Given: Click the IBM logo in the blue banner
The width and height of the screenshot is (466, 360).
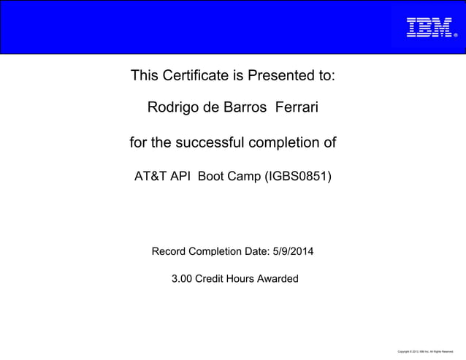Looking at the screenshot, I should coord(429,27).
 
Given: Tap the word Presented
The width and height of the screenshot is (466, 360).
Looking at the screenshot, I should coord(289,75).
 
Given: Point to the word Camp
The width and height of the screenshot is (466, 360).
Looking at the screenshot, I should coord(244,176).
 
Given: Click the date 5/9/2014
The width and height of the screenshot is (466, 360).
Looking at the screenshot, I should coord(293,252).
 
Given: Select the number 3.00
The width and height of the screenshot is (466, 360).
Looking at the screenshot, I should coord(182,278).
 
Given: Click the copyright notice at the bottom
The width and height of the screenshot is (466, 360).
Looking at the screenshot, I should coord(425,351).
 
